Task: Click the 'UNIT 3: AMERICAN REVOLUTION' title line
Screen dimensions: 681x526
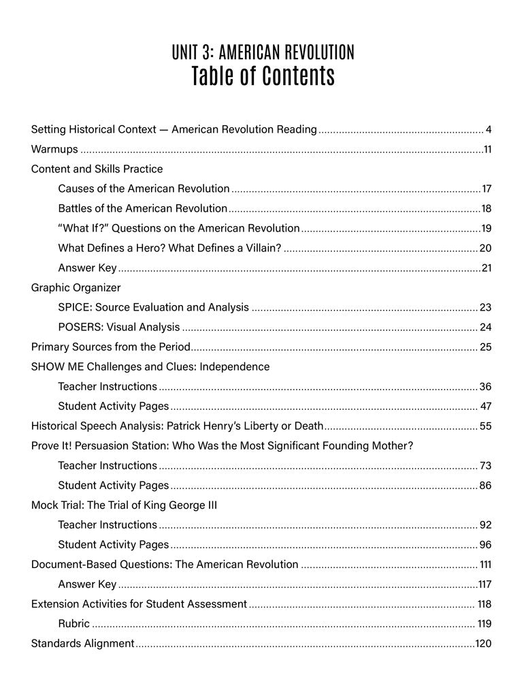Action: [263, 52]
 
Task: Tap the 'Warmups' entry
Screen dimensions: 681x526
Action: [54, 149]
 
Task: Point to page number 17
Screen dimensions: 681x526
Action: [486, 189]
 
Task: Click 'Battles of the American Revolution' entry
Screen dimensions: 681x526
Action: [142, 208]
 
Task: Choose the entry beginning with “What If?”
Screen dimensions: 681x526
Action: [178, 228]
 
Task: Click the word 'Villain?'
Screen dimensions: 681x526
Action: [261, 248]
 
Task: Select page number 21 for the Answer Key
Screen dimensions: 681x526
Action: [487, 268]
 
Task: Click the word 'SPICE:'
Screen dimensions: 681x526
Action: [74, 307]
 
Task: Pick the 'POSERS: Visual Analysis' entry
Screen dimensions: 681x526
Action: [119, 327]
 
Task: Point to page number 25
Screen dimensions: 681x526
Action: [485, 347]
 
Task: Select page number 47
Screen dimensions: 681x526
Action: [485, 407]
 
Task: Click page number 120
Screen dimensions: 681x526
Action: [483, 644]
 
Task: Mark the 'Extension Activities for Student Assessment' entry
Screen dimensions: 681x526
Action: [139, 604]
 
